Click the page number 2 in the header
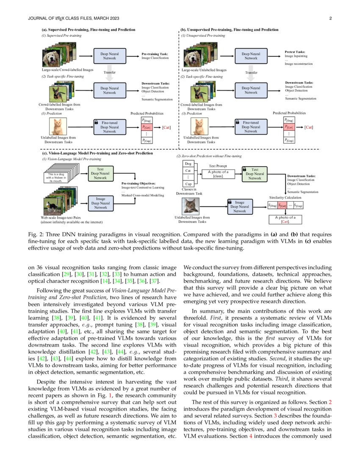tap(330, 18)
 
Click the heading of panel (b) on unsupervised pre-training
tap(230, 30)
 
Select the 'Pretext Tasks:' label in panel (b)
tap(295, 52)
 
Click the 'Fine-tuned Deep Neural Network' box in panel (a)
tap(110, 127)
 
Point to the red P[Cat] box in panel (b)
tap(289, 127)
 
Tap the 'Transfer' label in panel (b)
tap(251, 72)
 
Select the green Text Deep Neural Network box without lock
tap(100, 173)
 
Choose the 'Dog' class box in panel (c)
tap(188, 164)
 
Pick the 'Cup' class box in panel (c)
tap(188, 184)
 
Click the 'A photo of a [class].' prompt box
tap(219, 174)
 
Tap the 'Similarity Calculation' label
tap(285, 197)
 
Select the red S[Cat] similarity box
tap(282, 206)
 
